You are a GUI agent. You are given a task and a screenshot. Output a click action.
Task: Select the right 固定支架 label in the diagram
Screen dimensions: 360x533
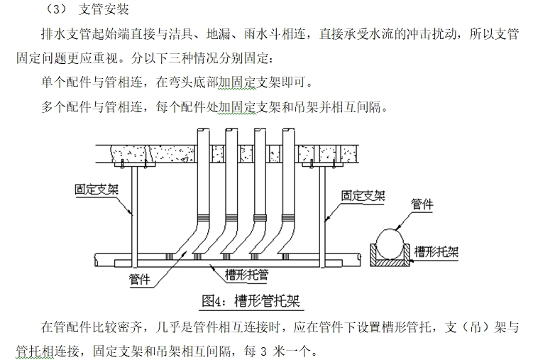click(x=363, y=195)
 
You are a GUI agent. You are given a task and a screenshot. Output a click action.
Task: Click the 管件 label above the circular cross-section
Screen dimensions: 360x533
click(x=423, y=205)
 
